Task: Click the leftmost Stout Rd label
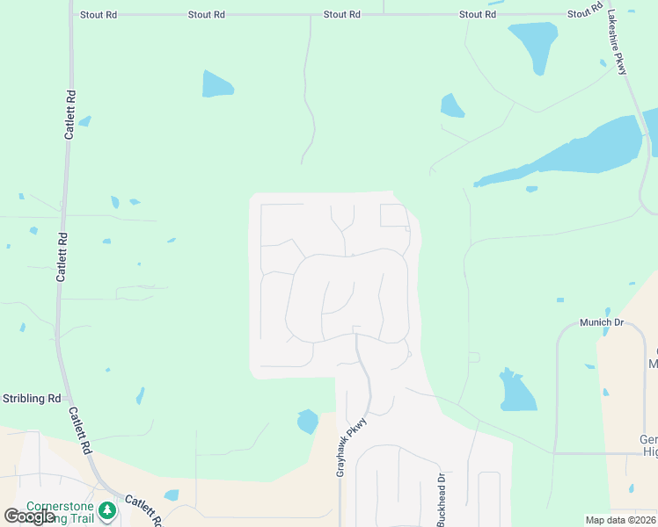coord(99,15)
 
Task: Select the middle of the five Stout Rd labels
coord(341,15)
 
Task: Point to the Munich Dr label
coord(601,323)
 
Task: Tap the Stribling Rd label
coord(30,399)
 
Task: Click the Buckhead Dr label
coord(441,499)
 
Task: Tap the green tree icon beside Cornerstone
coord(107,509)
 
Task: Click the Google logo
coord(28,516)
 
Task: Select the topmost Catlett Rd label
coord(69,114)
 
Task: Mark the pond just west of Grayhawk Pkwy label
coord(308,422)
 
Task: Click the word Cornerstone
coord(61,507)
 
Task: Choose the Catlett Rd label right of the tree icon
coord(143,509)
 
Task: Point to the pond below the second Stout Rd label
coord(216,84)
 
